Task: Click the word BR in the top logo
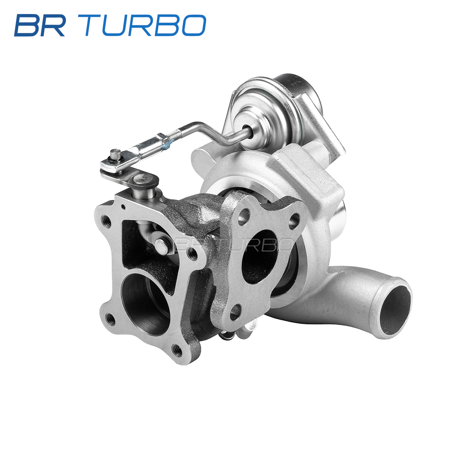40,25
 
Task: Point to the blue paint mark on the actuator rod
166,146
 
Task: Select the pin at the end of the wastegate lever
115,154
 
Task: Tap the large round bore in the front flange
147,305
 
